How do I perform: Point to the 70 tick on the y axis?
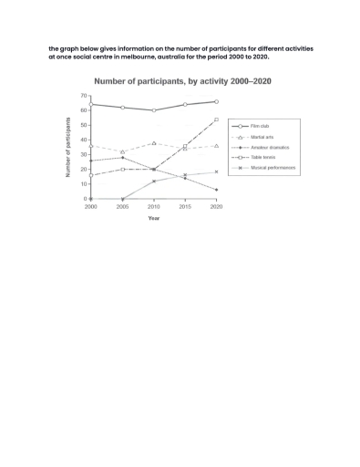tap(84, 96)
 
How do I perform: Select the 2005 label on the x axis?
tap(122, 207)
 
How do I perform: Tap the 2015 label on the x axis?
tap(185, 207)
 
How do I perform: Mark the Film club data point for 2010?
tap(154, 110)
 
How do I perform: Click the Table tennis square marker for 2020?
tap(216, 119)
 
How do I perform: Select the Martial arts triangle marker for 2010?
tap(154, 143)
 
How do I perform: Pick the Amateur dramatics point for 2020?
tap(216, 190)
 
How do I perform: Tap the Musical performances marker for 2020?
tap(216, 171)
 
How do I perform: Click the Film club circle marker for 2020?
tap(216, 101)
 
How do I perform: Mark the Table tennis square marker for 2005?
tap(122, 170)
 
